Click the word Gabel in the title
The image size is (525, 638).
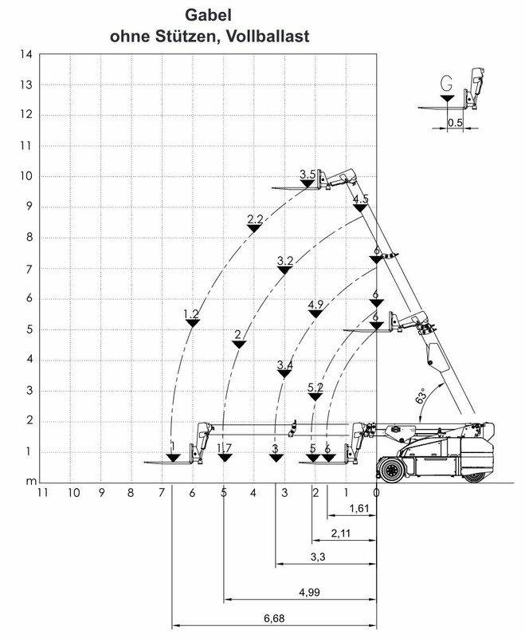(x=208, y=15)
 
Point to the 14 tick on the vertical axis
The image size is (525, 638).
(x=26, y=54)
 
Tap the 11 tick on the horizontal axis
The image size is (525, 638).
(x=43, y=493)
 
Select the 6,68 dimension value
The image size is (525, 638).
(x=274, y=619)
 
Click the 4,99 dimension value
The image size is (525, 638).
(x=309, y=593)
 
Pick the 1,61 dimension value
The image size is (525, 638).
(x=359, y=508)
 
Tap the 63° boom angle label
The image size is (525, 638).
(x=421, y=396)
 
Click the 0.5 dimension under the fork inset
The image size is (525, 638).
(x=455, y=123)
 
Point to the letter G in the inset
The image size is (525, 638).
(x=446, y=83)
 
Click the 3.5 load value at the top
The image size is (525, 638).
(x=308, y=174)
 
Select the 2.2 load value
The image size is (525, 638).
(x=255, y=219)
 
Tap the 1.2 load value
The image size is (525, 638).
(x=191, y=313)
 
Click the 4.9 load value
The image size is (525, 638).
(x=315, y=305)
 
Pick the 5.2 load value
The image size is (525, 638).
(x=315, y=388)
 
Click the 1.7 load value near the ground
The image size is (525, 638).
(x=225, y=448)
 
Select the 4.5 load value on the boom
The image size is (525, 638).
(x=360, y=199)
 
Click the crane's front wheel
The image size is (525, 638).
(x=391, y=471)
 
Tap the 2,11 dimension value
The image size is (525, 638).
(x=340, y=533)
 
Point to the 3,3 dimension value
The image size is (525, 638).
(x=318, y=557)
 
